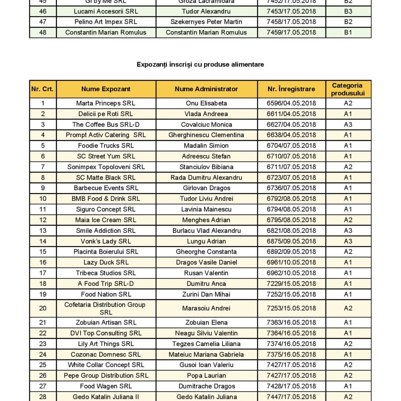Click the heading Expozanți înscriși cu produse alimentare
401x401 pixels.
(x=200, y=64)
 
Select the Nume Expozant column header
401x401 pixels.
(x=106, y=89)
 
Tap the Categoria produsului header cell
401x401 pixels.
(x=348, y=89)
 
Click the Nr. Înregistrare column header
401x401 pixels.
(x=291, y=89)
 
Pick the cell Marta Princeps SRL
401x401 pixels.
(x=106, y=103)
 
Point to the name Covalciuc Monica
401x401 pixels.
(x=206, y=125)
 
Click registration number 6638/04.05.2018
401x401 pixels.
(x=291, y=135)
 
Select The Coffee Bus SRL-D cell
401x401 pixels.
(x=106, y=125)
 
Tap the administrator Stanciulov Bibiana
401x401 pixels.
(x=206, y=167)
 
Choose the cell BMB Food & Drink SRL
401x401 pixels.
(x=106, y=199)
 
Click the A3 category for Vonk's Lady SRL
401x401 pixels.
(x=348, y=241)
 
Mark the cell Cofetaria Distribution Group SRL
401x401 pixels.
(x=105, y=308)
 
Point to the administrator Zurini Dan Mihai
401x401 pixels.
(x=206, y=294)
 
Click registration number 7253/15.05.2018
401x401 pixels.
(x=291, y=308)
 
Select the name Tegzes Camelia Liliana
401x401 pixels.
(x=206, y=344)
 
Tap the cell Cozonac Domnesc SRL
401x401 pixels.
(x=106, y=354)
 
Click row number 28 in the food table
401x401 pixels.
(x=43, y=397)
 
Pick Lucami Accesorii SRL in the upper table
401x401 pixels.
(x=106, y=11)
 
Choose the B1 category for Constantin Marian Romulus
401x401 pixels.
(x=348, y=33)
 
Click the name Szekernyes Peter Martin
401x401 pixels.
(x=206, y=22)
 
